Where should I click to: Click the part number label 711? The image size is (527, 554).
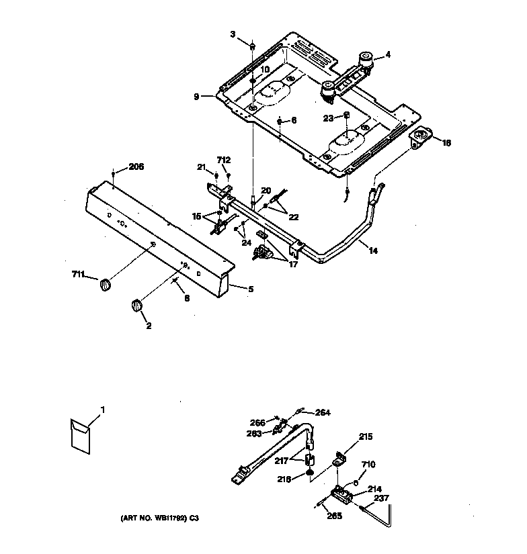(x=79, y=273)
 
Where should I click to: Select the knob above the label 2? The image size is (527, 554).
(x=136, y=306)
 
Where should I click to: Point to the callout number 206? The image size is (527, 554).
(x=136, y=167)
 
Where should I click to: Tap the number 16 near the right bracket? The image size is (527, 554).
(x=447, y=142)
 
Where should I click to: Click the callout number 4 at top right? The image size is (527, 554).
(x=387, y=55)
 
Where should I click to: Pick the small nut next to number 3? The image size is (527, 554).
(x=252, y=46)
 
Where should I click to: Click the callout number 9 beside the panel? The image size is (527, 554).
(x=196, y=97)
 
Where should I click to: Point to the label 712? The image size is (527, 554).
(x=223, y=160)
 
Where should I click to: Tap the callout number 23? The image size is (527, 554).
(x=327, y=118)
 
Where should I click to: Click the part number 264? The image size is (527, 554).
(x=323, y=413)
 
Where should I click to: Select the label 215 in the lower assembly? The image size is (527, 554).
(x=365, y=436)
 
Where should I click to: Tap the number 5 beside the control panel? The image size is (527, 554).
(x=251, y=289)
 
